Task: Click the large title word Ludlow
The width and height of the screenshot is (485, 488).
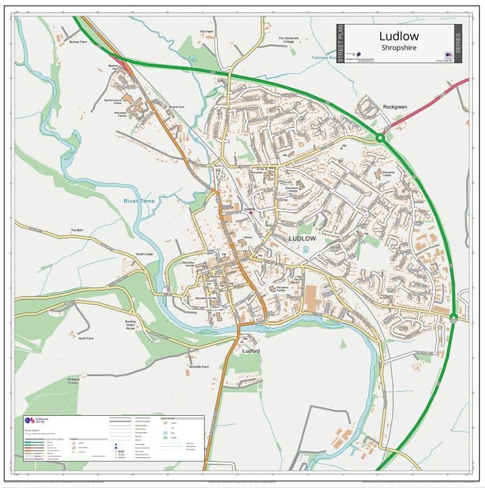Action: pos(398,36)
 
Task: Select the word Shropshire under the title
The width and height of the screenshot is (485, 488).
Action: pos(398,48)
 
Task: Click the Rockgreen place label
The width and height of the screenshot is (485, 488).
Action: pos(395,107)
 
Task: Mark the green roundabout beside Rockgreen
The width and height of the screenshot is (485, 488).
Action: pos(380,139)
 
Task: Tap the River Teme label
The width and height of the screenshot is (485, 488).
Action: pos(139,201)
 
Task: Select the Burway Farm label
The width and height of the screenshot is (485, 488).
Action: pos(79,42)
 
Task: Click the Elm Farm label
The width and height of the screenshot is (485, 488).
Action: pos(207,31)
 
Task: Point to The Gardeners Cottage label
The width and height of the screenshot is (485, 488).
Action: pos(289,40)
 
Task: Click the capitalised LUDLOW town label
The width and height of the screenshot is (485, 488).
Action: pos(302,239)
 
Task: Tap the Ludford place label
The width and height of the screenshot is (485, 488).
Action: pos(250,351)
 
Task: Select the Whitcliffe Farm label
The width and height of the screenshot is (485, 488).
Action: pos(198,367)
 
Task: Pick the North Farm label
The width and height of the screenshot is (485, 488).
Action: pos(86,338)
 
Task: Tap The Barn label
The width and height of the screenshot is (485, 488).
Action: pos(76,230)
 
